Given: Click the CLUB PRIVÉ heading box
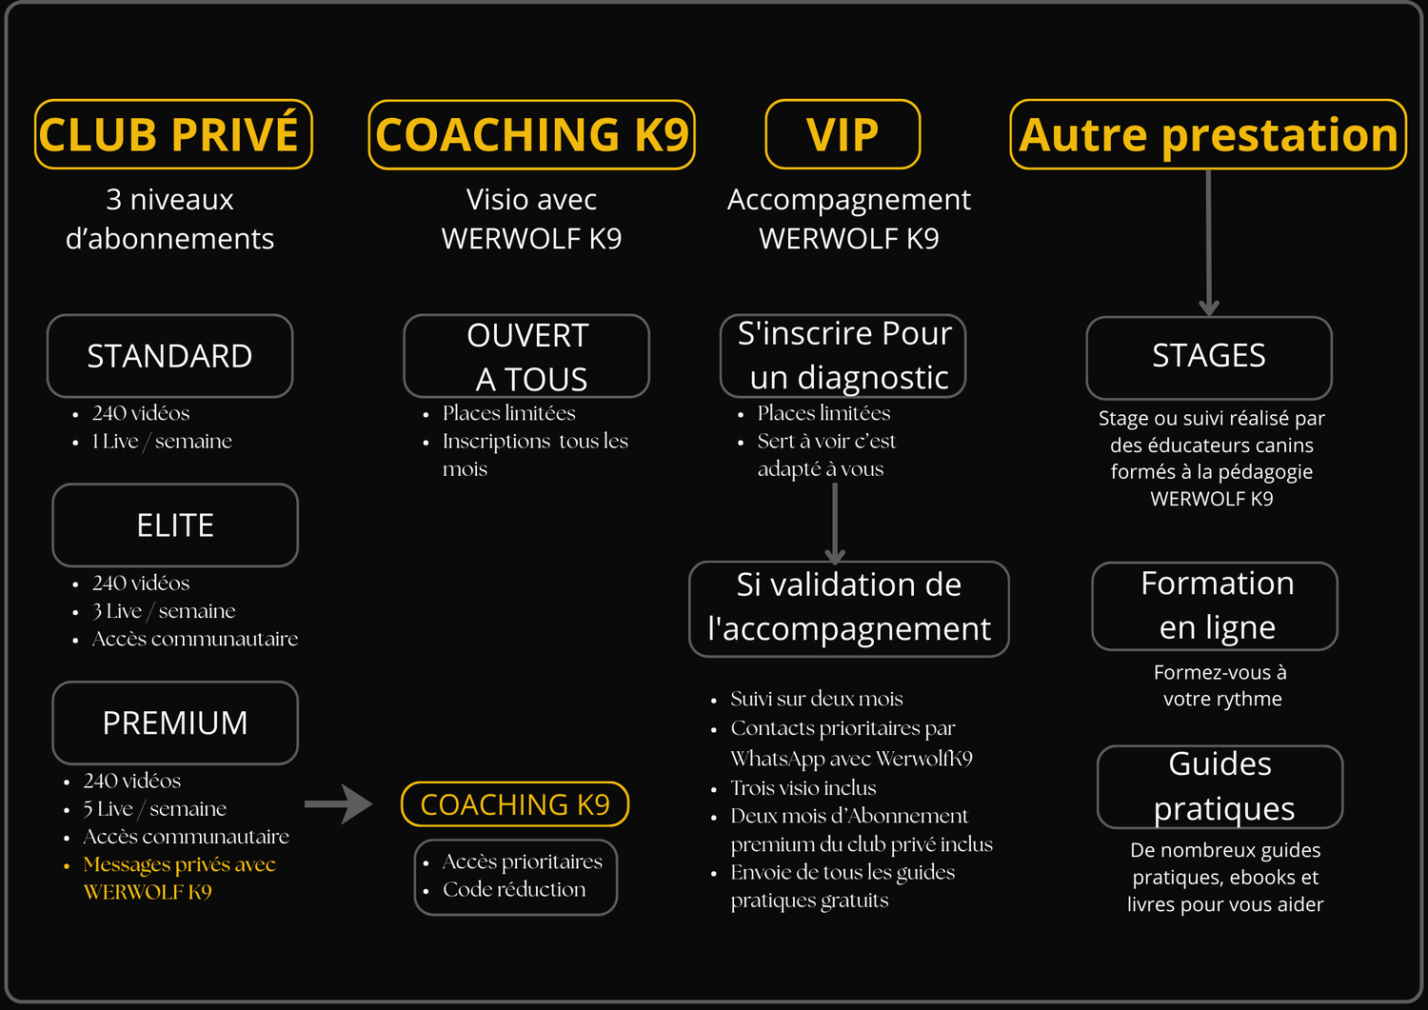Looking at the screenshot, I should click(x=173, y=134).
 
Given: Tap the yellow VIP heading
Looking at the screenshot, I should click(x=843, y=134).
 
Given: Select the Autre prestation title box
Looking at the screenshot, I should click(x=1207, y=134).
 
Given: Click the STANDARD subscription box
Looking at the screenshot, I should click(x=169, y=356).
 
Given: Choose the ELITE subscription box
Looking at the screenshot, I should click(x=175, y=525).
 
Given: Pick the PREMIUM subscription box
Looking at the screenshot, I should click(x=175, y=723).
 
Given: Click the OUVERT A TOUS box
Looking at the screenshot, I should click(x=526, y=356).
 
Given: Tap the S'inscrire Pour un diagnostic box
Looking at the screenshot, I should click(x=843, y=356).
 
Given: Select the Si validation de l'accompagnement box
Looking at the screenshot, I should click(x=848, y=608).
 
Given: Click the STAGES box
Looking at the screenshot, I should click(x=1208, y=357).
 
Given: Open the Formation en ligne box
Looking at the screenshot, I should click(x=1215, y=606).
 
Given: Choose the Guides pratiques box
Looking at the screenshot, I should click(x=1220, y=786).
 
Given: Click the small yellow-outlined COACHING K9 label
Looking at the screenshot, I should click(x=515, y=804).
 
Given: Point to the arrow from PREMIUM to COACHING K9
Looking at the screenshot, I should click(x=338, y=804).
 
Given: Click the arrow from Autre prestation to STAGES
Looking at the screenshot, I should click(x=1208, y=243).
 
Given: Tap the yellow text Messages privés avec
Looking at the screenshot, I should click(x=179, y=864).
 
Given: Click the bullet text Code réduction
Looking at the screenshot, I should click(x=514, y=889).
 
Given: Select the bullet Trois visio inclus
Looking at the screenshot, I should click(x=803, y=788).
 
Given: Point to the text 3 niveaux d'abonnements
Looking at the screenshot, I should click(x=169, y=219).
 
